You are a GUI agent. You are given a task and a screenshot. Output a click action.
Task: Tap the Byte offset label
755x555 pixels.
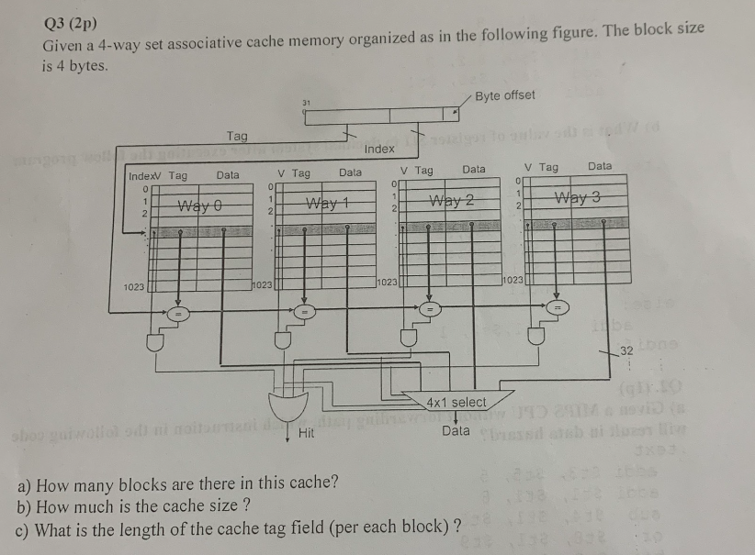click(x=505, y=94)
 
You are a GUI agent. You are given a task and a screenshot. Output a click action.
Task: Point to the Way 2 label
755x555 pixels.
click(x=454, y=201)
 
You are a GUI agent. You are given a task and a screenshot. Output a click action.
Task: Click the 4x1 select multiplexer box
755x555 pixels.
click(x=456, y=402)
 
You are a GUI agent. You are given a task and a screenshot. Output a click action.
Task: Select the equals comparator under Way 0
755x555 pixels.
click(x=181, y=314)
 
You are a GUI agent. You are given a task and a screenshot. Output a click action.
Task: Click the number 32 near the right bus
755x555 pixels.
click(x=627, y=350)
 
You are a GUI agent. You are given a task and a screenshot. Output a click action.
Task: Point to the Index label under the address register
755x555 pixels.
click(x=379, y=149)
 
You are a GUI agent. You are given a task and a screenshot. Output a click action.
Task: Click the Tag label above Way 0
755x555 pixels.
click(x=237, y=136)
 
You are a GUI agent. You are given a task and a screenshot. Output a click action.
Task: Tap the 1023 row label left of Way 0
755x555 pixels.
click(x=134, y=287)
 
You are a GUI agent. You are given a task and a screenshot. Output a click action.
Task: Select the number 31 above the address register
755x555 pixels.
click(x=308, y=101)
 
